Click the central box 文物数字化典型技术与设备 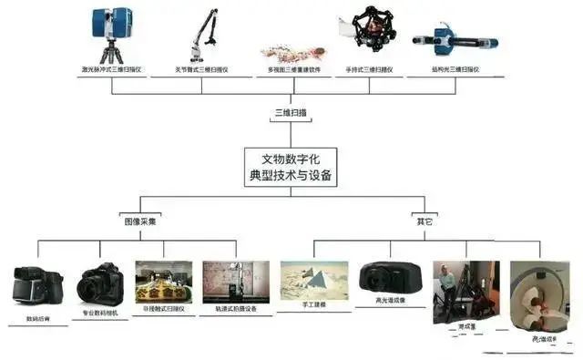(x=291, y=167)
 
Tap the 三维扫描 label (x=291, y=113)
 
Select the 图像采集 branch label (x=140, y=221)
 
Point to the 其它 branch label (x=424, y=221)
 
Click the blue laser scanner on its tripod (x=111, y=27)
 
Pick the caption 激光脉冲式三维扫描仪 (x=111, y=68)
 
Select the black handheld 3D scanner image (x=374, y=32)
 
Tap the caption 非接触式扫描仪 (x=163, y=310)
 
